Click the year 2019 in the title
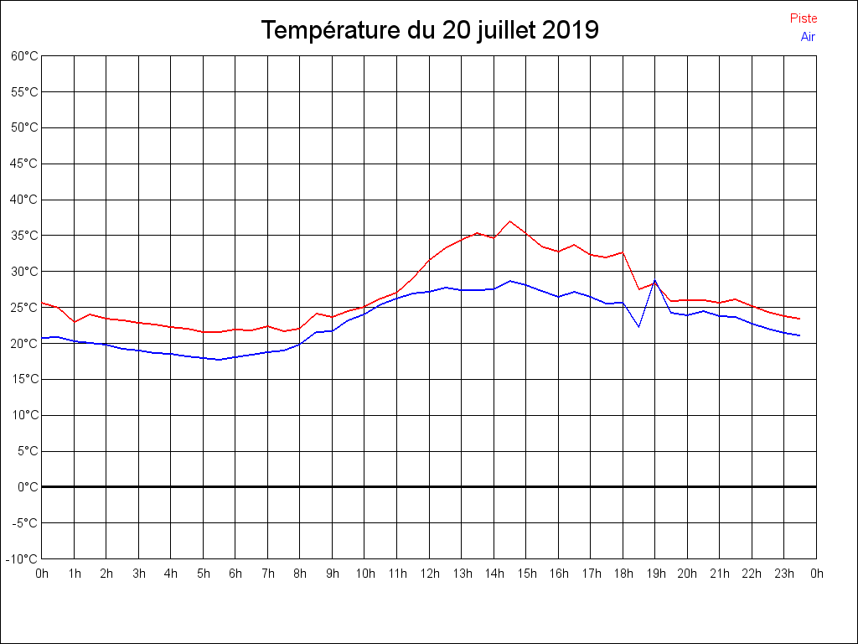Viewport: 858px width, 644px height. (x=570, y=31)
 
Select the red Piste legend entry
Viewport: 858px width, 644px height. (x=804, y=18)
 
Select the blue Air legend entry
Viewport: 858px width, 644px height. (x=808, y=37)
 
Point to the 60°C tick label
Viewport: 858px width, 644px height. (x=25, y=56)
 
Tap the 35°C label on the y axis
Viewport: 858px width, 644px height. (x=25, y=236)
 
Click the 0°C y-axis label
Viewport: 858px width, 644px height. (x=28, y=486)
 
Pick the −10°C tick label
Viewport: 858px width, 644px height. (x=23, y=558)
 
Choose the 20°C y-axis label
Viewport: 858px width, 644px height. (x=25, y=343)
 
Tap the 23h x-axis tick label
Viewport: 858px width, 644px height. (x=784, y=574)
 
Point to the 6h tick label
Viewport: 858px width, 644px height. (x=235, y=574)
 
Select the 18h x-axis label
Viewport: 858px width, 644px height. (x=623, y=574)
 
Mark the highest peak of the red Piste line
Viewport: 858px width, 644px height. (x=509, y=221)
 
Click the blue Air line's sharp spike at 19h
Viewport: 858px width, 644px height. (x=654, y=281)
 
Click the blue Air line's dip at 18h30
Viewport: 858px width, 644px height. (x=638, y=326)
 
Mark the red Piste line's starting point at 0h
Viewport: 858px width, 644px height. (x=42, y=302)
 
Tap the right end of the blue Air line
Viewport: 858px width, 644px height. (x=800, y=335)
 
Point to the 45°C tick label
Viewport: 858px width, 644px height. (x=25, y=164)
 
